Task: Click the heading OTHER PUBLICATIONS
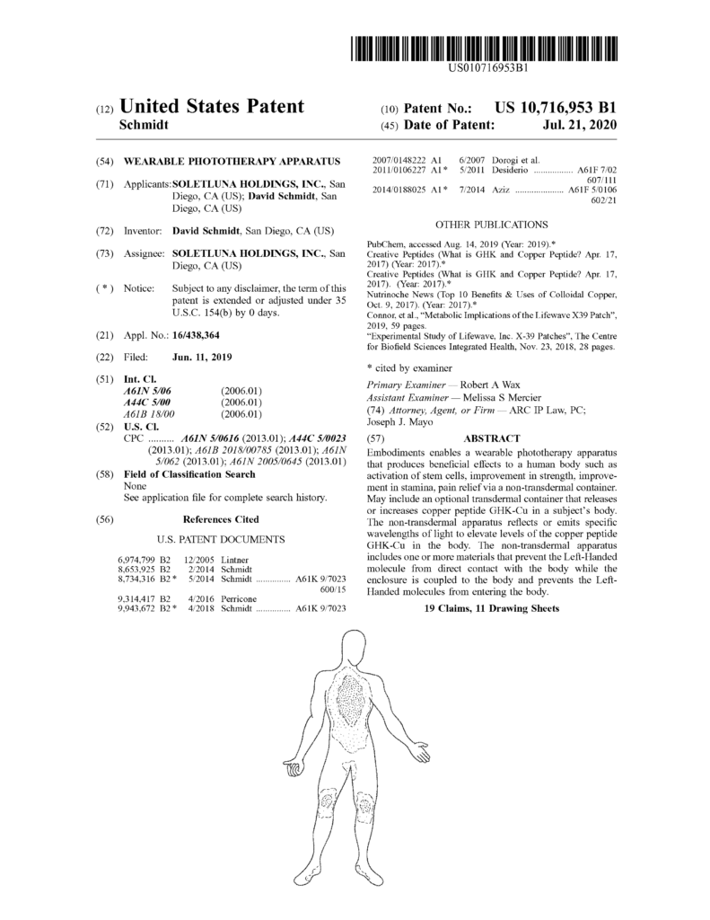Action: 492,224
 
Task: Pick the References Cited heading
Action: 221,518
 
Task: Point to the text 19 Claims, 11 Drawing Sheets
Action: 492,608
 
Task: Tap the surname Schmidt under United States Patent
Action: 145,126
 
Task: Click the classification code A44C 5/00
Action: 149,402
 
